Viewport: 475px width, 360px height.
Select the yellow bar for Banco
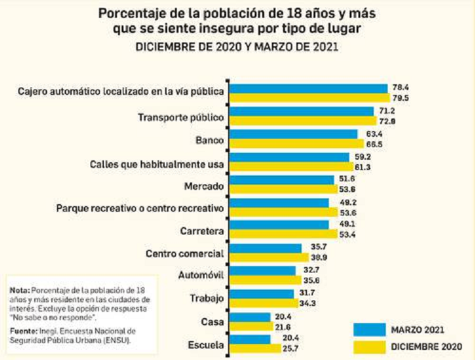pos(295,144)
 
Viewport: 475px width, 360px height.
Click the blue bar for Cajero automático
pos(308,88)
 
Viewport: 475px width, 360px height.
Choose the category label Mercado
pos(204,188)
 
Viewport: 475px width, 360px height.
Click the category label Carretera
pos(201,231)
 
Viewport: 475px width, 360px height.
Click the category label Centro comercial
pos(184,254)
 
